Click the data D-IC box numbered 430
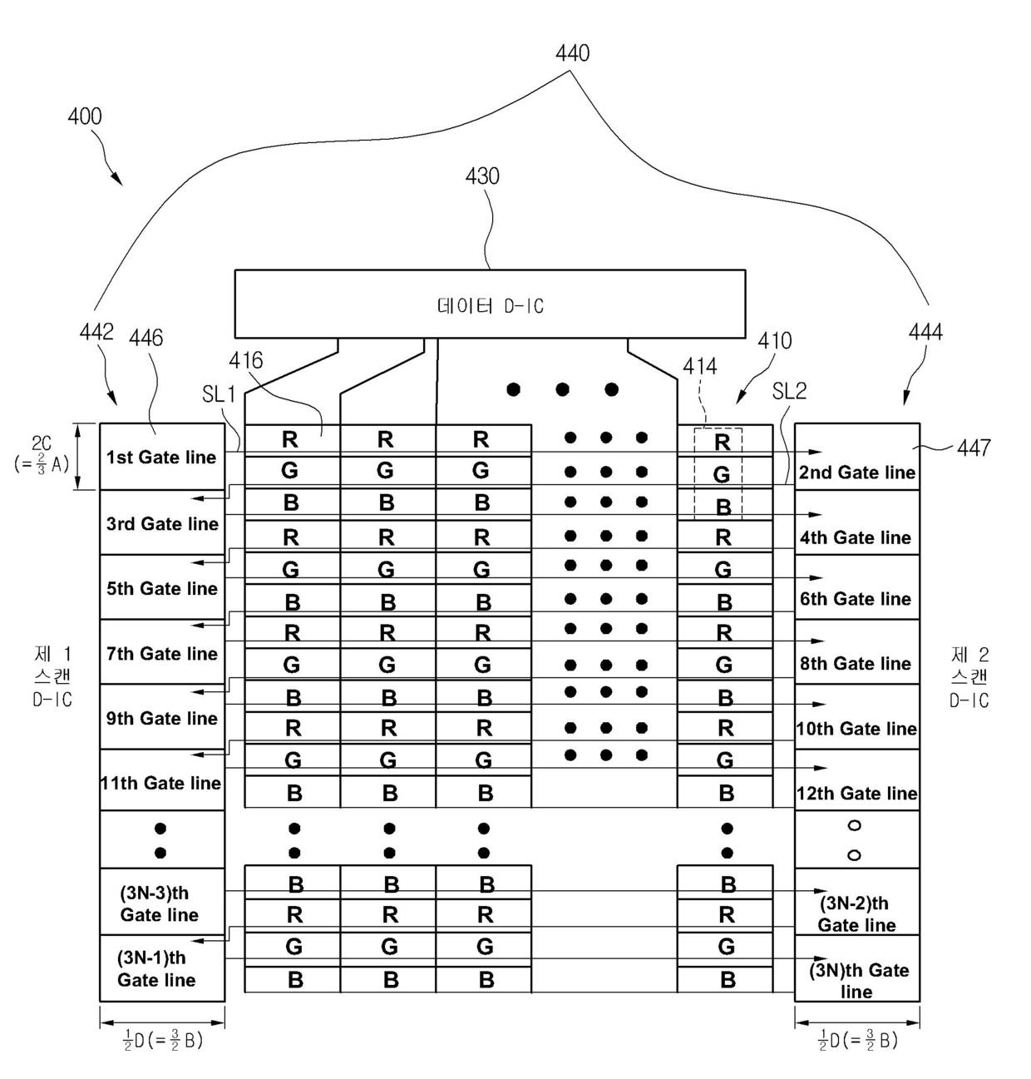pyautogui.click(x=490, y=304)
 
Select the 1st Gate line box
pyautogui.click(x=162, y=457)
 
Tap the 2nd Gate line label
pyautogui.click(x=856, y=472)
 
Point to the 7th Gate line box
pyautogui.click(x=162, y=651)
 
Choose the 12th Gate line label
pyautogui.click(x=856, y=793)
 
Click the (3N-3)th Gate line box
pyautogui.click(x=162, y=902)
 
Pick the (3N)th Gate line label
pyautogui.click(x=858, y=980)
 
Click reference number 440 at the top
pyautogui.click(x=572, y=53)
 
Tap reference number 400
pyautogui.click(x=85, y=116)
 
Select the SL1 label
pyautogui.click(x=219, y=394)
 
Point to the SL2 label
pyautogui.click(x=789, y=392)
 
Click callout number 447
pyautogui.click(x=974, y=448)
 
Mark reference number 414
pyautogui.click(x=699, y=367)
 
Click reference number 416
pyautogui.click(x=245, y=361)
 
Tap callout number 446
pyautogui.click(x=146, y=338)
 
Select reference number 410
pyautogui.click(x=774, y=340)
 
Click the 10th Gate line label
pyautogui.click(x=856, y=728)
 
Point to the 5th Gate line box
pyautogui.click(x=162, y=587)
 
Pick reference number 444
pyautogui.click(x=925, y=332)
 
